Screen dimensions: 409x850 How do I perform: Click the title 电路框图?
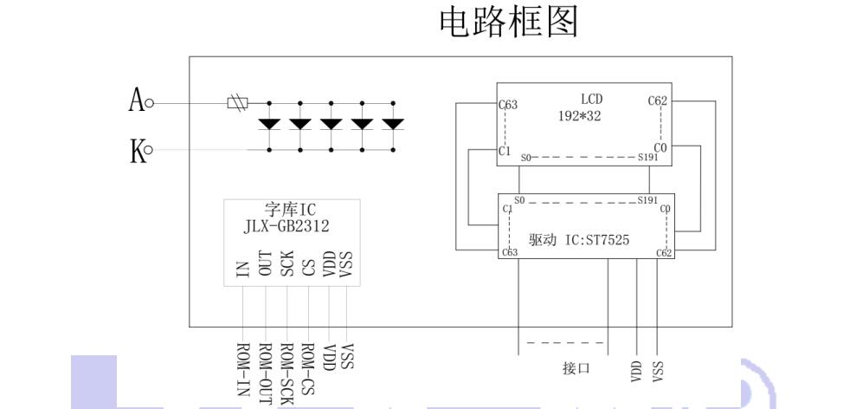509,23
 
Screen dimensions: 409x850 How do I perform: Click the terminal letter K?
136,153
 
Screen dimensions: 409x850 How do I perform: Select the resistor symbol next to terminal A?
237,103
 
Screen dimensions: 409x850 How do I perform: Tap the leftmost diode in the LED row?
270,124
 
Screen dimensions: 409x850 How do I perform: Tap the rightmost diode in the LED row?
393,124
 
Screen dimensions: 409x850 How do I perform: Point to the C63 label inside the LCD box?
509,105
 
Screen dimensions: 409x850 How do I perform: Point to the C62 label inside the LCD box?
657,101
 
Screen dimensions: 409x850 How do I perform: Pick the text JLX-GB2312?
287,226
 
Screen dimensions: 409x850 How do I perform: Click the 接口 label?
576,368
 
